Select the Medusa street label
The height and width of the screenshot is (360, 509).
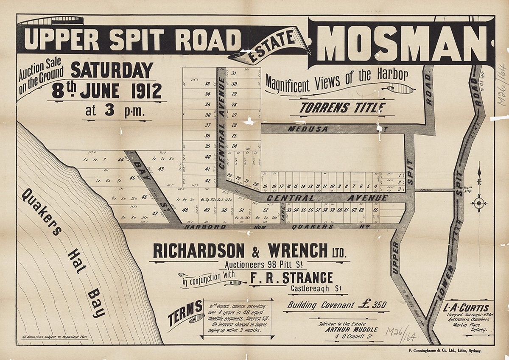(303, 128)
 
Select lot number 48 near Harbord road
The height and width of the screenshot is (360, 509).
(185, 210)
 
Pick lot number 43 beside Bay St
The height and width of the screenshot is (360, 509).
(161, 169)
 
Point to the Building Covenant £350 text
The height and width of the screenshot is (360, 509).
(335, 304)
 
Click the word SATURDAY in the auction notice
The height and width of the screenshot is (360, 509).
(112, 70)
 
